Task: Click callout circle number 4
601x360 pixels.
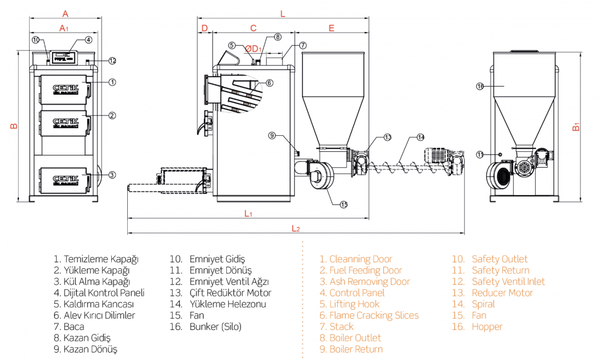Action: coord(88,40)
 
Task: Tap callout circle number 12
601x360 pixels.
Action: coord(112,61)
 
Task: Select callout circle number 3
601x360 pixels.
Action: coord(112,175)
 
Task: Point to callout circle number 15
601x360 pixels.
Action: coord(344,204)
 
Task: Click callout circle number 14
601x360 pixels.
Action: coord(420,137)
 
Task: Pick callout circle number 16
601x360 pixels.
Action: coord(479,86)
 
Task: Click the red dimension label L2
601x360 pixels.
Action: coord(295,229)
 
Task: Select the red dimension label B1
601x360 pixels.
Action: coord(576,127)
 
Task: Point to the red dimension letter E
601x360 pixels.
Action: coord(332,28)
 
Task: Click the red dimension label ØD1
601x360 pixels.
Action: coord(253,49)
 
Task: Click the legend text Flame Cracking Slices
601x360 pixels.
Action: coord(374,315)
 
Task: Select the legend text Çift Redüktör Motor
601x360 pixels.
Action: coord(230,293)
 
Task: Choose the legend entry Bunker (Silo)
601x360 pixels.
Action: coord(215,327)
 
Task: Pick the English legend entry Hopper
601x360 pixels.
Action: coord(487,327)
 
